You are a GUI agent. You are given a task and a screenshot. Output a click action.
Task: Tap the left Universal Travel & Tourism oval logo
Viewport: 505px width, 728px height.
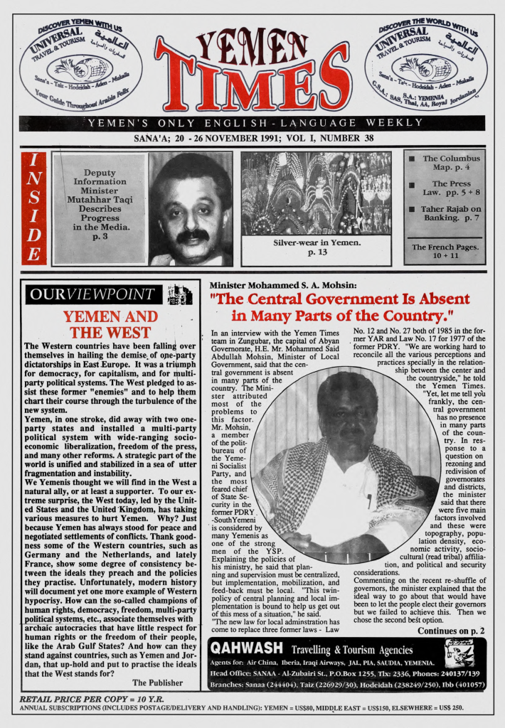(80, 65)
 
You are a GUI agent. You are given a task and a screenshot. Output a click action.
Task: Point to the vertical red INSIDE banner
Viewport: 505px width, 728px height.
(33, 208)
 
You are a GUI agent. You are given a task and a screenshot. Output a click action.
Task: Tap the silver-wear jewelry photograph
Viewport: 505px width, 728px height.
(315, 193)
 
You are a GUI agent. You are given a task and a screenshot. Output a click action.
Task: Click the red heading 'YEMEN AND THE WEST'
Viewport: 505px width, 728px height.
(110, 324)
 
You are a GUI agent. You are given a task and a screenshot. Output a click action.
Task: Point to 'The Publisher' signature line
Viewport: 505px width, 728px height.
(158, 682)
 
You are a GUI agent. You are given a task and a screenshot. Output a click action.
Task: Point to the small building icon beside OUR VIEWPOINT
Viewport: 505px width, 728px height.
(180, 294)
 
